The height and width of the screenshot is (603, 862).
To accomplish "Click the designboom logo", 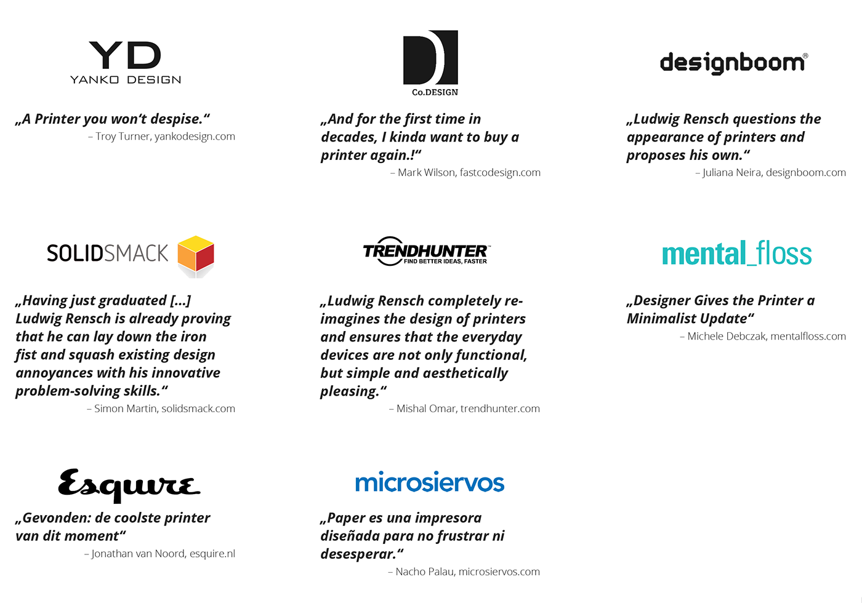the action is point(733,63).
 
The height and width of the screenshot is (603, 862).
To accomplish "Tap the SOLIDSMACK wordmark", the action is point(107,253).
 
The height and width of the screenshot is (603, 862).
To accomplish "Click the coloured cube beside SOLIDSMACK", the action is point(196,254).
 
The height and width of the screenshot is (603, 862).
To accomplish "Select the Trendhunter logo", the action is point(427,252).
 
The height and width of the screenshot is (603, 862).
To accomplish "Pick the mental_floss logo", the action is point(736,254).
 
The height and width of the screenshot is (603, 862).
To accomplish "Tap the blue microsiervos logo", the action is point(430,483).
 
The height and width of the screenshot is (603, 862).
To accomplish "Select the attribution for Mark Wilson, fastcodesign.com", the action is point(465,173).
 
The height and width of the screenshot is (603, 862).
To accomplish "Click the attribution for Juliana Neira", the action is point(770,173).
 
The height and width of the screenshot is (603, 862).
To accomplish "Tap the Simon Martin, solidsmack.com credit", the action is point(161,409).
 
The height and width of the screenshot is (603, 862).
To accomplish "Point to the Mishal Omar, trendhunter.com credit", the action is point(465,409).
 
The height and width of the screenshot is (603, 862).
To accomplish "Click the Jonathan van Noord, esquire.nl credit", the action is point(160,554).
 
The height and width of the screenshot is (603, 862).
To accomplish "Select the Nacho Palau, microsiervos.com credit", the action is point(464,572).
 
